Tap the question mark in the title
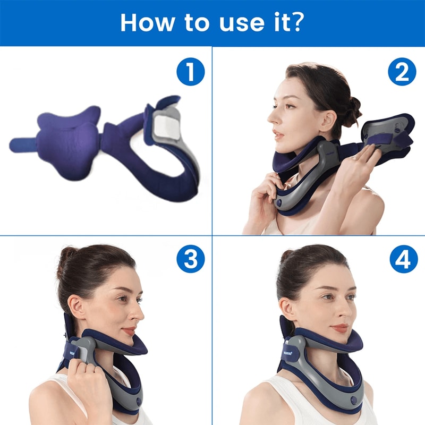pos(299,22)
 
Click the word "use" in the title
pos(237,23)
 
